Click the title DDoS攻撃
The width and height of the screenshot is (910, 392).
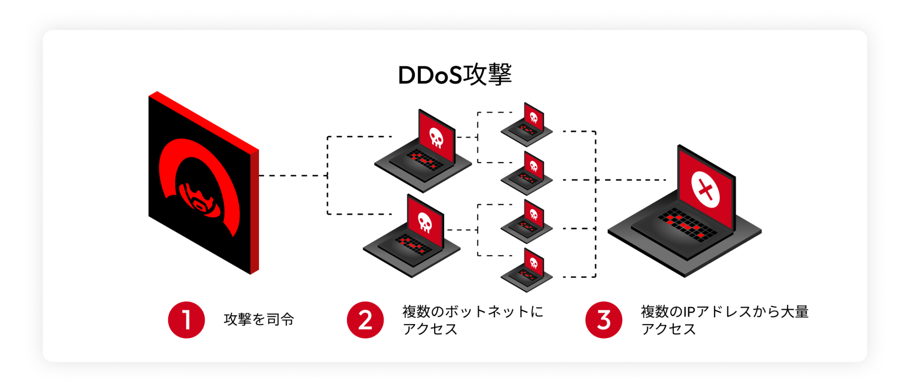pos(455,75)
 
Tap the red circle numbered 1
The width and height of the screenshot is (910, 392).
pos(186,320)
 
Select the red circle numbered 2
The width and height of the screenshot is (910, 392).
pos(365,320)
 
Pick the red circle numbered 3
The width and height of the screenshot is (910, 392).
pos(603,320)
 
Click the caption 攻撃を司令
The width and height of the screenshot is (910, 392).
pos(259,320)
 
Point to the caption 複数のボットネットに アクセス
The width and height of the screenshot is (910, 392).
pos(472,320)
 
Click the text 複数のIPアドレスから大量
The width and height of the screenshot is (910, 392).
pos(724,312)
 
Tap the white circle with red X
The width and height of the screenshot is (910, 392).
pos(705,190)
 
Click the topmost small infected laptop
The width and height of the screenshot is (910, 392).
pos(527,125)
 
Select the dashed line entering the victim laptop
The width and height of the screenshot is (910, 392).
pos(631,180)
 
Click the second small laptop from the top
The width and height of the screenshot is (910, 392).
pos(527,174)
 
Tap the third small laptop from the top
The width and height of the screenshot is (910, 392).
pos(527,222)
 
